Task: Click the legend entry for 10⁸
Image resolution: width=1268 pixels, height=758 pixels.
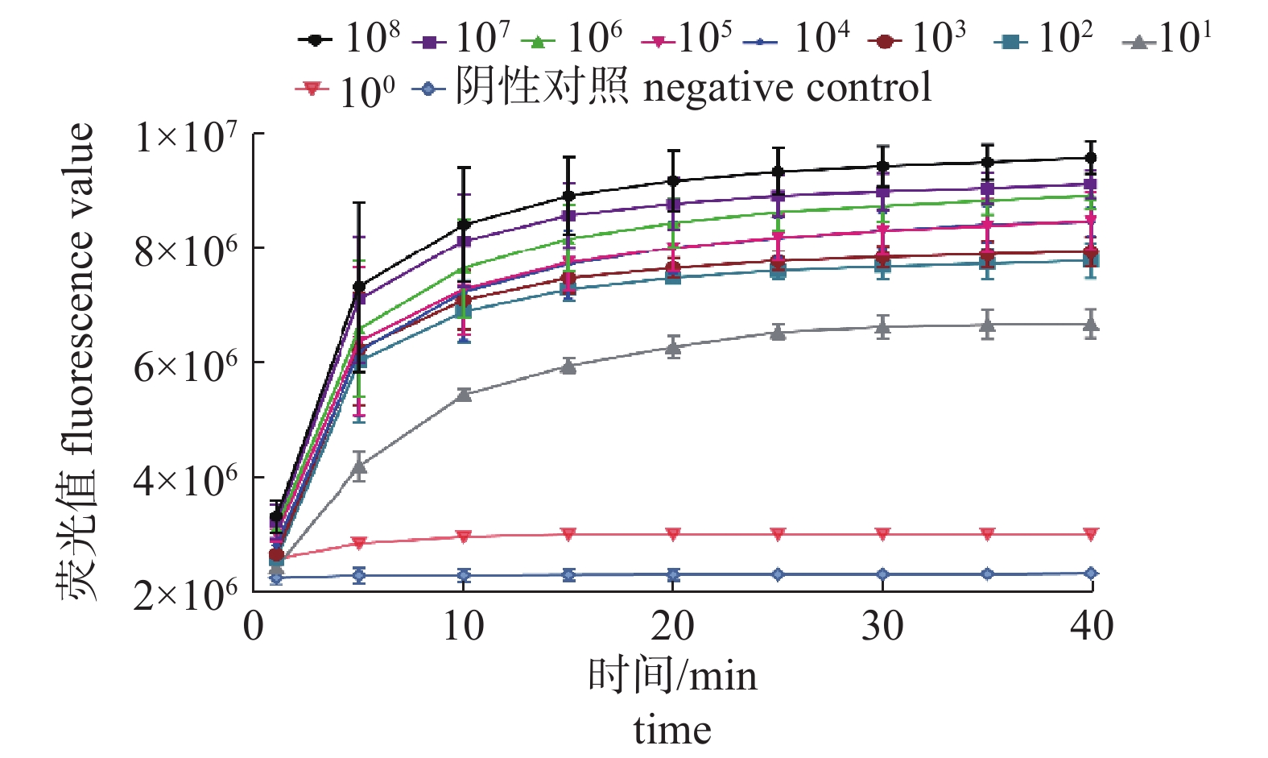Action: (x=349, y=38)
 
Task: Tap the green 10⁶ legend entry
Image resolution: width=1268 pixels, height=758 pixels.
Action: (x=572, y=38)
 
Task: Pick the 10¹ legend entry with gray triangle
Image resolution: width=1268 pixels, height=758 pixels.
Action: (x=1167, y=38)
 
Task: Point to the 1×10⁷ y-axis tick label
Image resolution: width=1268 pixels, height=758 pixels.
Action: (x=186, y=137)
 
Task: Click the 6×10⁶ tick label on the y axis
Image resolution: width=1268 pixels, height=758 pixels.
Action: (x=186, y=367)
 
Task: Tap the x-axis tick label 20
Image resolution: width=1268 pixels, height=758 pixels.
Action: (x=673, y=626)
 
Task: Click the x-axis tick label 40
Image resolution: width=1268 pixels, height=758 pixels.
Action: (x=1092, y=626)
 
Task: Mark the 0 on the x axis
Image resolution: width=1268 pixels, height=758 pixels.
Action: (x=254, y=626)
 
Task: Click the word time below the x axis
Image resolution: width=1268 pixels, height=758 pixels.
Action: (x=672, y=730)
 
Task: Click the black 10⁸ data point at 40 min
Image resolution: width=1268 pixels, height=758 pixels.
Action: (x=1092, y=158)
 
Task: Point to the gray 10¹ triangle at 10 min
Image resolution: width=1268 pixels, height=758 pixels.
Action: (x=464, y=394)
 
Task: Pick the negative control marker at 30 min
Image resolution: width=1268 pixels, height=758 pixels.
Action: (x=883, y=574)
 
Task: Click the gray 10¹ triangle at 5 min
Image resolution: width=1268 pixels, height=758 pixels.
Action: (x=359, y=466)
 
